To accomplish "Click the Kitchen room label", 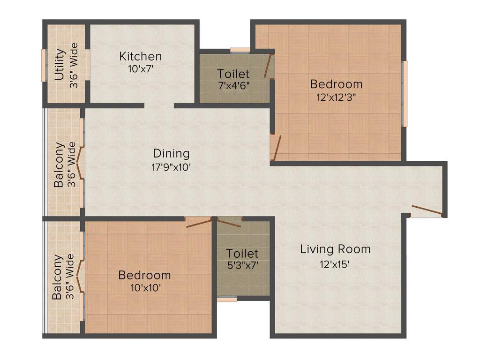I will pyautogui.click(x=141, y=57).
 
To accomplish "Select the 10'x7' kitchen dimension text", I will pyautogui.click(x=141, y=69).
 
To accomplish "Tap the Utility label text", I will pyautogui.click(x=59, y=65).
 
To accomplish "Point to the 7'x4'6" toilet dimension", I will pyautogui.click(x=233, y=85).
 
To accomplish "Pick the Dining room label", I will pyautogui.click(x=171, y=153).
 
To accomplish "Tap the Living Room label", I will pyautogui.click(x=335, y=249).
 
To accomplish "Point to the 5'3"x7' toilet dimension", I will pyautogui.click(x=242, y=265).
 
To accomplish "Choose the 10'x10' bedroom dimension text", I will pyautogui.click(x=144, y=287).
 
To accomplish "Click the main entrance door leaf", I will pyautogui.click(x=426, y=210).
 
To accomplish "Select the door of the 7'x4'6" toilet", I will pyautogui.click(x=268, y=66).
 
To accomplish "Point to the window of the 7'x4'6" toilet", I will pyautogui.click(x=240, y=50).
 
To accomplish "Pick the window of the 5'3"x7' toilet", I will pyautogui.click(x=227, y=299).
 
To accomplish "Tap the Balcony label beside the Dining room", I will pyautogui.click(x=59, y=164).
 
